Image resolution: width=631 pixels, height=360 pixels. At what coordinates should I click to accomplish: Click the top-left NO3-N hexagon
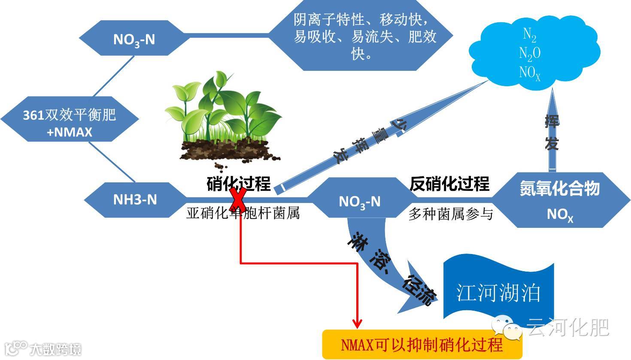click(133, 39)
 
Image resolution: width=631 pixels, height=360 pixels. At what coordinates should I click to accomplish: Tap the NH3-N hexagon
click(135, 200)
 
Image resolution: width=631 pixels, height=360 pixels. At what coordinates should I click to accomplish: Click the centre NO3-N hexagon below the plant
click(359, 201)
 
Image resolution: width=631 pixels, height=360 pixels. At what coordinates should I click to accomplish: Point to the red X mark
click(239, 200)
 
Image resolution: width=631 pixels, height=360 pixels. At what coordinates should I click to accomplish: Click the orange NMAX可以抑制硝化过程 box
click(422, 344)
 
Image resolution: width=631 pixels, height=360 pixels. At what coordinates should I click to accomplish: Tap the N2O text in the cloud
click(529, 53)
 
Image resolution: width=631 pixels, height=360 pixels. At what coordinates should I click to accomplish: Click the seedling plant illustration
click(223, 120)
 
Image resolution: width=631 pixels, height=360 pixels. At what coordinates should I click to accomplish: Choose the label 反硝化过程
click(449, 184)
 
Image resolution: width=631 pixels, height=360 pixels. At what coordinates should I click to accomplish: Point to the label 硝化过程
click(239, 183)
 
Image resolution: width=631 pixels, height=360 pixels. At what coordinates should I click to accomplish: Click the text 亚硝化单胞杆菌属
click(243, 213)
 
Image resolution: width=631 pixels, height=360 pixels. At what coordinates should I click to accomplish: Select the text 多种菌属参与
click(450, 214)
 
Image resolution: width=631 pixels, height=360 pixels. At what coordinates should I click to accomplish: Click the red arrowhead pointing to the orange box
click(357, 323)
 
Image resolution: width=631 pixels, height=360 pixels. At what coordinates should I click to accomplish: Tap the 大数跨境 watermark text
click(55, 349)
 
